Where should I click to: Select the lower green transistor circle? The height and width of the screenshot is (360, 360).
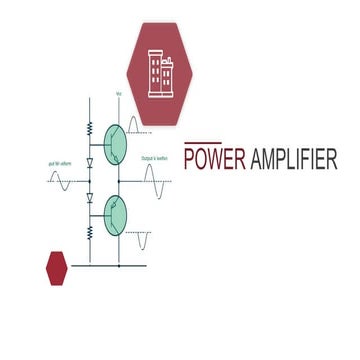116,214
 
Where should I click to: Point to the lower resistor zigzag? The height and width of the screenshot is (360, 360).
89,232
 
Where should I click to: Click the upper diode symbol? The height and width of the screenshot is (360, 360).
89,162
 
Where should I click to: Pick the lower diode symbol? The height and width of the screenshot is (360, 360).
89,198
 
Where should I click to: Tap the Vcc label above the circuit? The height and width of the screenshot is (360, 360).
119,94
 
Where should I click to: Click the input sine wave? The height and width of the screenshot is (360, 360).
60,180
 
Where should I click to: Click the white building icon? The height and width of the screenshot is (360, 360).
161,73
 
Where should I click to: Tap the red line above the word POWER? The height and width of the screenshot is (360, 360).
203,143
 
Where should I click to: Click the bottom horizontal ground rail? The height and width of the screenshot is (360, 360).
110,265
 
